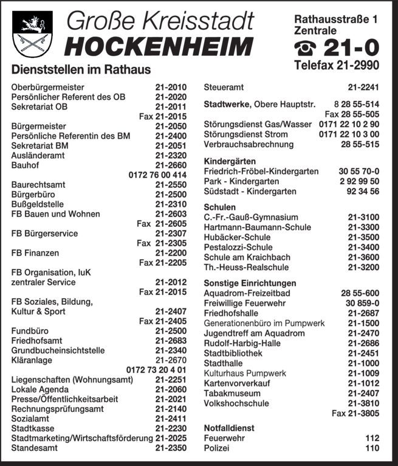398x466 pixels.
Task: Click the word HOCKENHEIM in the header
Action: (x=159, y=46)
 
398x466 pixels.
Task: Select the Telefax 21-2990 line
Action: (x=336, y=65)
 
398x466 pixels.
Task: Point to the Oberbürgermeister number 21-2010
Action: (x=171, y=87)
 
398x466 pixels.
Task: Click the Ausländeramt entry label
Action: (x=38, y=155)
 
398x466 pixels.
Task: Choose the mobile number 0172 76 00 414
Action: (x=157, y=175)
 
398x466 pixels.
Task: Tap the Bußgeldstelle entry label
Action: (x=37, y=204)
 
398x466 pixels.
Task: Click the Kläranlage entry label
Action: (x=32, y=360)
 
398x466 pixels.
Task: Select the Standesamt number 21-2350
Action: (x=171, y=448)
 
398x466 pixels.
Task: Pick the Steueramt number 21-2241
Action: (x=364, y=87)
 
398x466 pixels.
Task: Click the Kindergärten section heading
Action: (x=228, y=162)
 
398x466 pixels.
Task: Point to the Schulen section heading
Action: (x=219, y=207)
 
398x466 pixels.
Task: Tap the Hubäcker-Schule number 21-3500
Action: (x=364, y=237)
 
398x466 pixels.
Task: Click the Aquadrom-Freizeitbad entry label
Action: (x=247, y=293)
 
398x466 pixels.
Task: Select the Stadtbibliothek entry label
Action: (x=233, y=353)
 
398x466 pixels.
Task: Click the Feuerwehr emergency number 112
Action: (x=372, y=438)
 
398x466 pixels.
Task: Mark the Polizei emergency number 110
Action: (x=372, y=448)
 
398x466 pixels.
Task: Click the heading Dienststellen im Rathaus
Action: (x=81, y=70)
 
